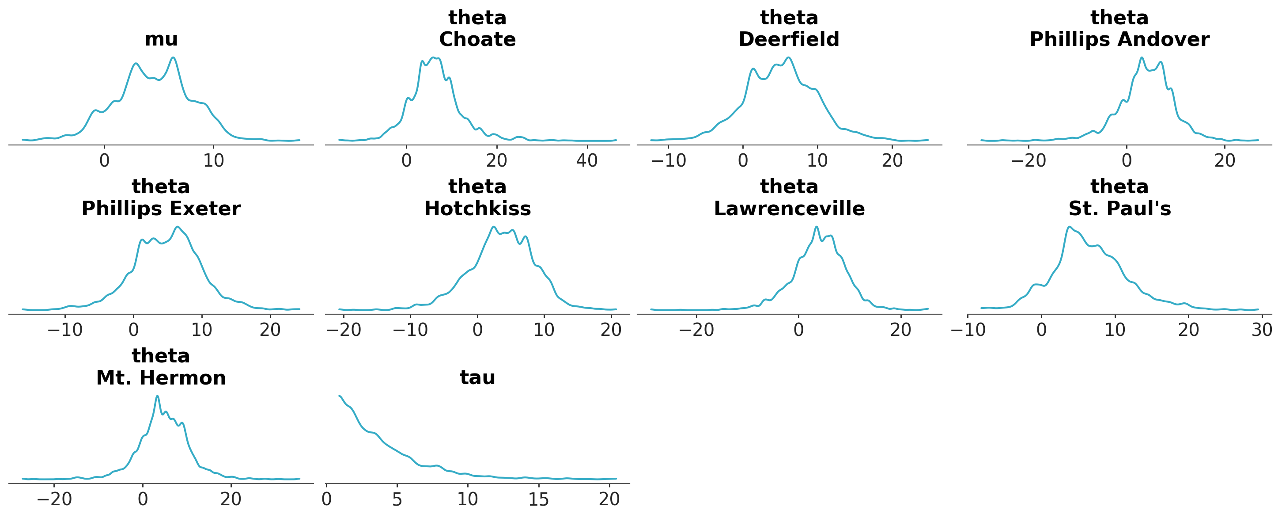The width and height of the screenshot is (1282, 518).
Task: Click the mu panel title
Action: [161, 39]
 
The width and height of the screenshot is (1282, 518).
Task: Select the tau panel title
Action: [477, 377]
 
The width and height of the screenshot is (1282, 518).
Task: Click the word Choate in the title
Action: [477, 39]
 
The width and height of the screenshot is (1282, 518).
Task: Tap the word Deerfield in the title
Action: [789, 39]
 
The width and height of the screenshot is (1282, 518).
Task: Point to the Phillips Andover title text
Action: [1119, 39]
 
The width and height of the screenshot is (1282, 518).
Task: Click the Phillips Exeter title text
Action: [161, 209]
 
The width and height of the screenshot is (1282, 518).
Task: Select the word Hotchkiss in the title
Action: [477, 209]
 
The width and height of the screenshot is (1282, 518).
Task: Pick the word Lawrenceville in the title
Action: [789, 209]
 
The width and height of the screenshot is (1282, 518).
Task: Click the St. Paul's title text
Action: [1119, 209]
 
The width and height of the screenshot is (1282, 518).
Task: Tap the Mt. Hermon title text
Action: [161, 378]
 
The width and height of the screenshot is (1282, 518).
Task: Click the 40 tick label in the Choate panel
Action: [587, 160]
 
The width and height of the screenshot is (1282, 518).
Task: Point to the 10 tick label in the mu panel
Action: [213, 160]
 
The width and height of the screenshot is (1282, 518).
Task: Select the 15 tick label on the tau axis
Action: [538, 499]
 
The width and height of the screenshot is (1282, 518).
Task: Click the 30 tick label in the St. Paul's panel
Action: [1262, 330]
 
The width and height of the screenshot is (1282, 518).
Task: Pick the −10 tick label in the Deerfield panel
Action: [669, 160]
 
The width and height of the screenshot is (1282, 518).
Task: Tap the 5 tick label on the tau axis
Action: [397, 499]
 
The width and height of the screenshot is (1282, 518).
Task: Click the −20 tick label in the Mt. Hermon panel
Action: [54, 499]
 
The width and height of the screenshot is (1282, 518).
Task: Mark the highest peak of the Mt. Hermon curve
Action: [157, 396]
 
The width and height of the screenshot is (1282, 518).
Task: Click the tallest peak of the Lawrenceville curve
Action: [816, 227]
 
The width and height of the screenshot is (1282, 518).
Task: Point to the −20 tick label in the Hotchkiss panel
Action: [344, 330]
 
